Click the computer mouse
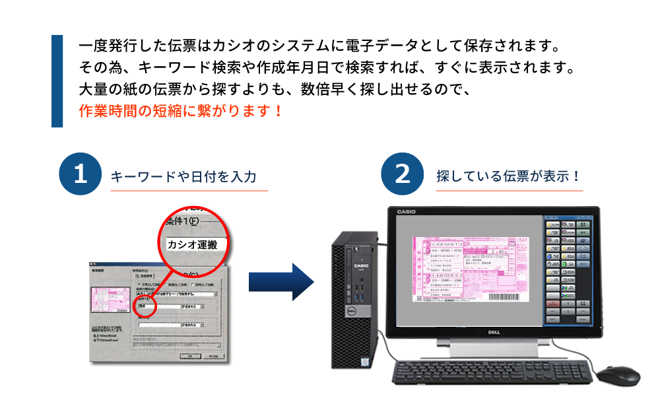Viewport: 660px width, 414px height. pos(618,376)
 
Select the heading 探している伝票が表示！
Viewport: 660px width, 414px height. pos(508,177)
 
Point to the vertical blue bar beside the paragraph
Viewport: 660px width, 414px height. pos(57,81)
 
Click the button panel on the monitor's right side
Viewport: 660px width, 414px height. pos(566,271)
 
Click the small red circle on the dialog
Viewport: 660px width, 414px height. pos(144,305)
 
